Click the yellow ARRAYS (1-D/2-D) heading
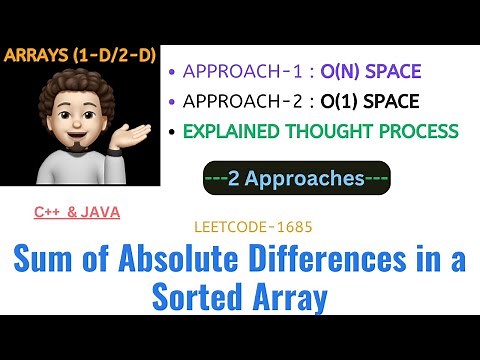80,56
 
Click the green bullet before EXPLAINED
174,131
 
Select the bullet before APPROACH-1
174,71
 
